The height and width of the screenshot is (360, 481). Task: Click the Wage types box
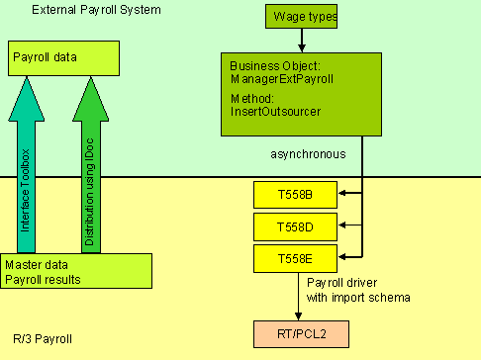pyautogui.click(x=301, y=16)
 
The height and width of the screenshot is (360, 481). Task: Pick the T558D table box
pyautogui.click(x=295, y=226)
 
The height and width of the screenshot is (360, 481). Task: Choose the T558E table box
pyautogui.click(x=295, y=259)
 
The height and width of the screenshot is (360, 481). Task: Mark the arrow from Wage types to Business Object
pyautogui.click(x=301, y=40)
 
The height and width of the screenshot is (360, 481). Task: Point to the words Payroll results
pyautogui.click(x=43, y=278)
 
